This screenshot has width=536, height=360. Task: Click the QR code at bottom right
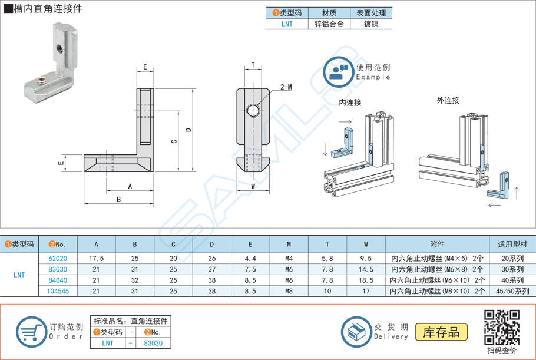[501, 328]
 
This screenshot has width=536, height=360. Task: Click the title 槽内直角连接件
[44, 9]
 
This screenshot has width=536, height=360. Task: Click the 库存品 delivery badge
[441, 332]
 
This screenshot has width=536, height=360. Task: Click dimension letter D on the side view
[188, 130]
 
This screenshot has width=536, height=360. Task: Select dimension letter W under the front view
[253, 186]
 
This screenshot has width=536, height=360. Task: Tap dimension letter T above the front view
[253, 65]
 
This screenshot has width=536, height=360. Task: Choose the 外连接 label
[448, 101]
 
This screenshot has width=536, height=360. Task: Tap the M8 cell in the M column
[289, 291]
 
